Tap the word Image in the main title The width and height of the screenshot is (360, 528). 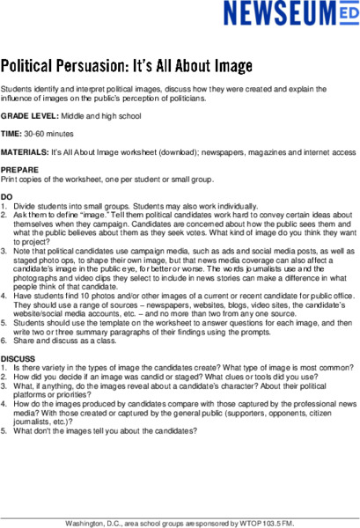(x=228, y=66)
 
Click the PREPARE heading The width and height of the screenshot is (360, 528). (x=18, y=169)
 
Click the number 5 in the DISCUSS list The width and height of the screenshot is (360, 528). (x=4, y=432)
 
